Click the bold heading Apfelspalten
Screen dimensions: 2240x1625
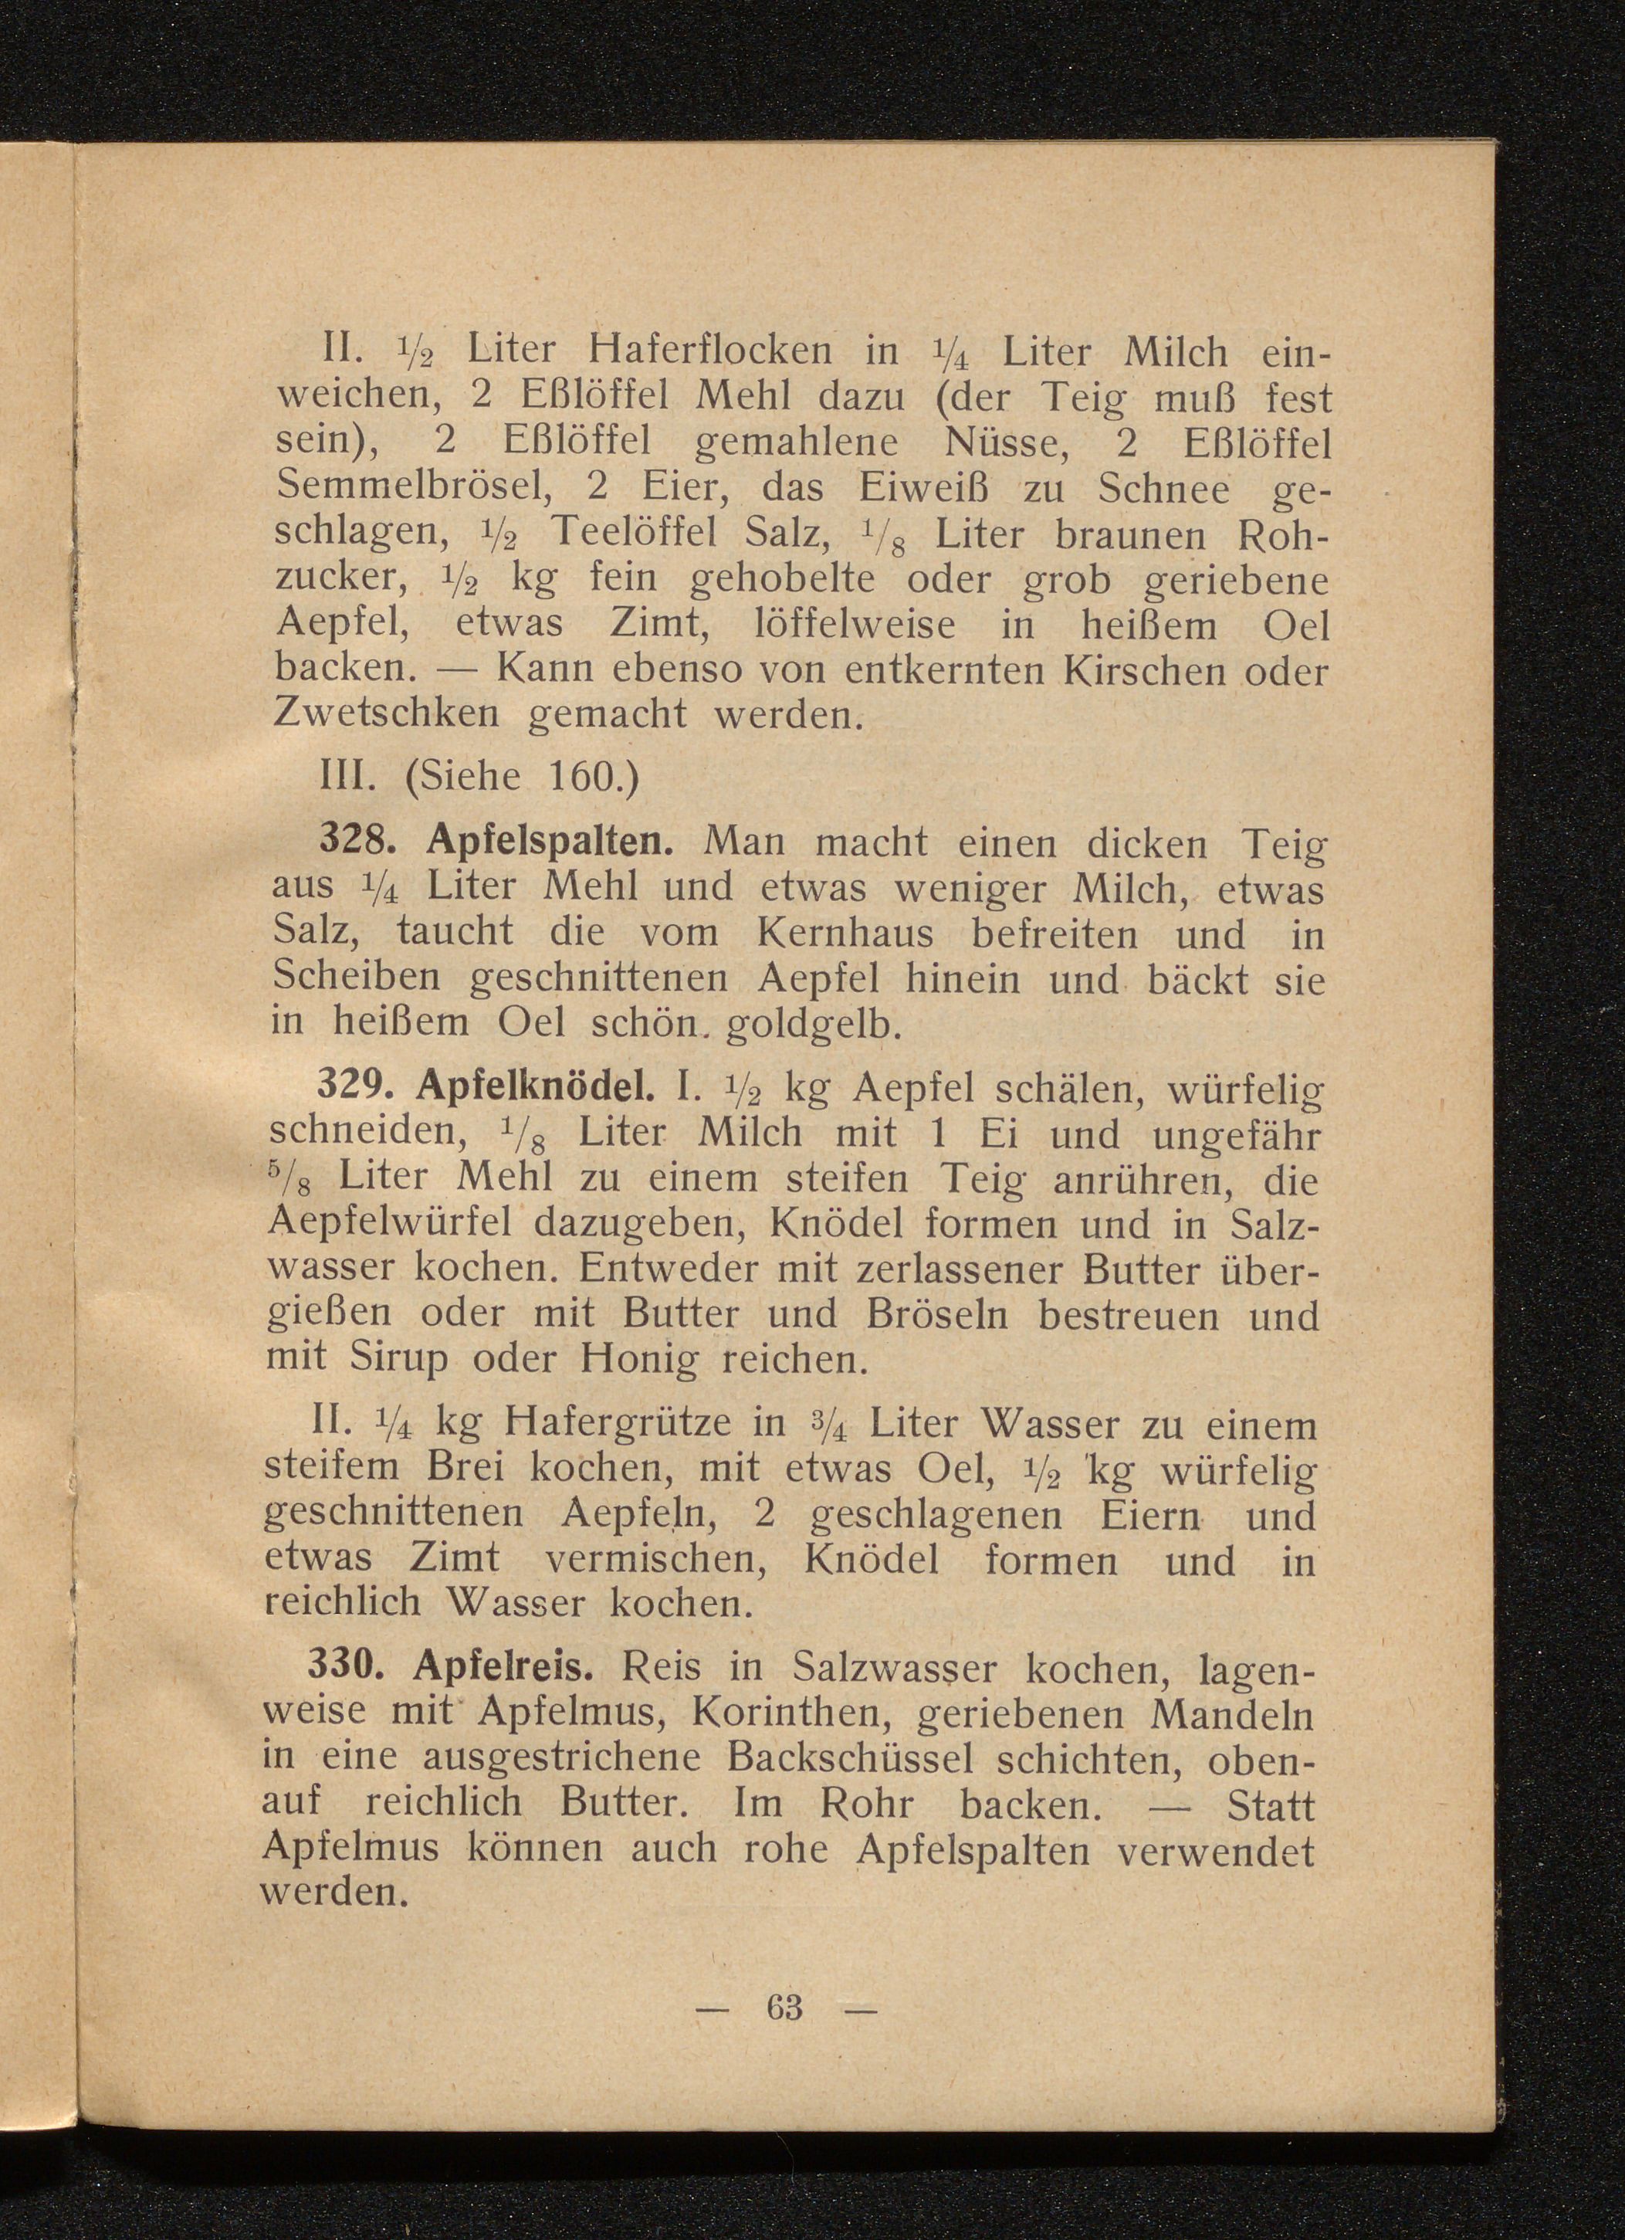click(x=550, y=842)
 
